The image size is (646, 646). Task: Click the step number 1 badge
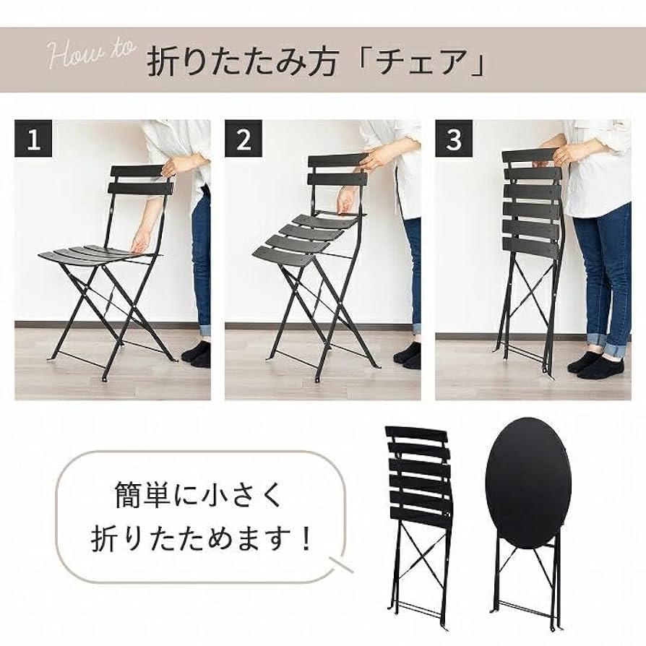[x=34, y=139]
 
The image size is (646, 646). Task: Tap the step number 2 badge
[x=244, y=139]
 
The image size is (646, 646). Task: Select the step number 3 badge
[x=454, y=139]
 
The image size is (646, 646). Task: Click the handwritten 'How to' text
[x=91, y=55]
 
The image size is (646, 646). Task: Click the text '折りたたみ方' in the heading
[x=243, y=61]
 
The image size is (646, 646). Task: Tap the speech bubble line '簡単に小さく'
[x=195, y=497]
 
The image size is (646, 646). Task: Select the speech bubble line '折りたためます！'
[x=203, y=539]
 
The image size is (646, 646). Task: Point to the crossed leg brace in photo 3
[x=525, y=296]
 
